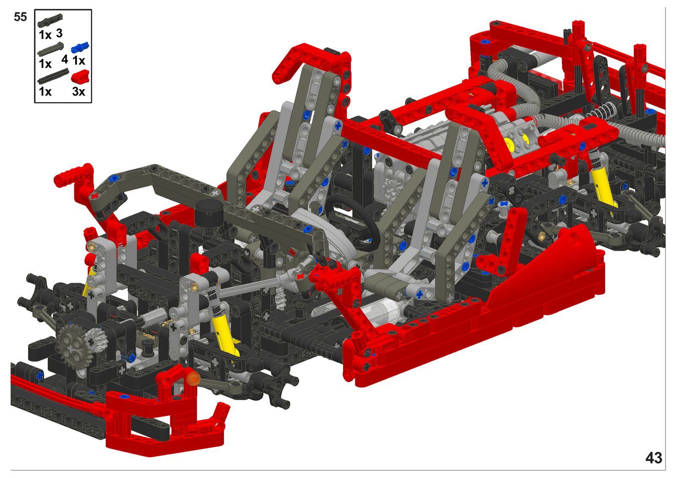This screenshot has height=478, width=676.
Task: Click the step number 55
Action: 20,17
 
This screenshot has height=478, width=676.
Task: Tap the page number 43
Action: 654,458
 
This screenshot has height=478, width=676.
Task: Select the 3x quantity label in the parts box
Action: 79,91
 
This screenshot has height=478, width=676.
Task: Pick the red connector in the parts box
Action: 80,76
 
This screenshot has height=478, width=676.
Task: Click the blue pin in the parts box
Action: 80,48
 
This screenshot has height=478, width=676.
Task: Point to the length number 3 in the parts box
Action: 59,33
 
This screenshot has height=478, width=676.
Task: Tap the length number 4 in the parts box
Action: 65,59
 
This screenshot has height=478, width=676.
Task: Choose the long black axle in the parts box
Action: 53,76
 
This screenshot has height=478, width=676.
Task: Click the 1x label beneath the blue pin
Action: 79,61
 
